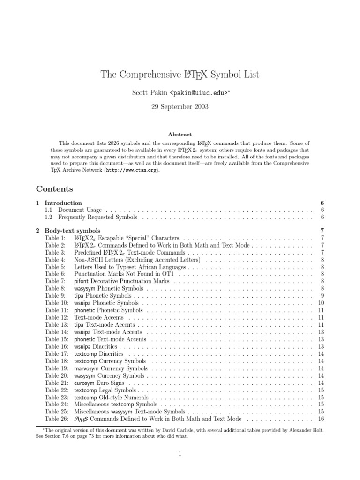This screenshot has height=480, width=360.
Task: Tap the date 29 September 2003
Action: click(180, 106)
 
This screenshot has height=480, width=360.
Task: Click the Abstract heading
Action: click(180, 135)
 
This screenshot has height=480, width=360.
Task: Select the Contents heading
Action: click(54, 189)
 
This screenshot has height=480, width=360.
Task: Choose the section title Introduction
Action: click(63, 203)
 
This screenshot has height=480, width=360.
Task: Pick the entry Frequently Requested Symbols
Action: click(98, 217)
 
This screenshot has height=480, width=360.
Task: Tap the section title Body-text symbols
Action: click(72, 231)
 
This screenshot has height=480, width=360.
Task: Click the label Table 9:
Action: click(55, 296)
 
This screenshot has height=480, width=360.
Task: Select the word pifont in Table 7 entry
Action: click(82, 281)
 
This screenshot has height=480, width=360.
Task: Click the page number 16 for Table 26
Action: click(321, 419)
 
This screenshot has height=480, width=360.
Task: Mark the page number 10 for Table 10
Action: click(321, 303)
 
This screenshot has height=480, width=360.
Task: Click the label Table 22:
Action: click(56, 390)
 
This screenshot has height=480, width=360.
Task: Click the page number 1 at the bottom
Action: click(180, 454)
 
